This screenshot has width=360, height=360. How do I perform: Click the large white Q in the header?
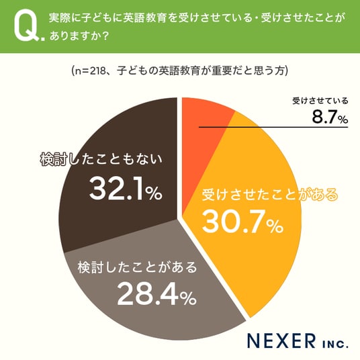26,26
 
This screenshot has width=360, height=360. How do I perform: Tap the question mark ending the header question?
105,36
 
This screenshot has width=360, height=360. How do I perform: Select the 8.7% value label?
330,117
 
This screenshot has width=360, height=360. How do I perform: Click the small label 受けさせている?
320,101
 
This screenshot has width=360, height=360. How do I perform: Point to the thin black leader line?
273,127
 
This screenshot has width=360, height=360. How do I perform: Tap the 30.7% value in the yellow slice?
242,222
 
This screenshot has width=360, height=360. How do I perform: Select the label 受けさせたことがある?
270,195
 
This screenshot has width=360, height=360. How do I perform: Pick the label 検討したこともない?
101,159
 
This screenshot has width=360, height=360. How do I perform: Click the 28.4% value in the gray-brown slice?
156,294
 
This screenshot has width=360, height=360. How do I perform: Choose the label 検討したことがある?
137,267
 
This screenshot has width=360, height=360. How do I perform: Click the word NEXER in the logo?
281,341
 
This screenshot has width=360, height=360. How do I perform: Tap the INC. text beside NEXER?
335,344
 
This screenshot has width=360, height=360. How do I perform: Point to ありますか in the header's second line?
76,36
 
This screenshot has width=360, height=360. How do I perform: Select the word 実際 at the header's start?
60,18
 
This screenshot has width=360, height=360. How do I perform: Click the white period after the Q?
43,39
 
